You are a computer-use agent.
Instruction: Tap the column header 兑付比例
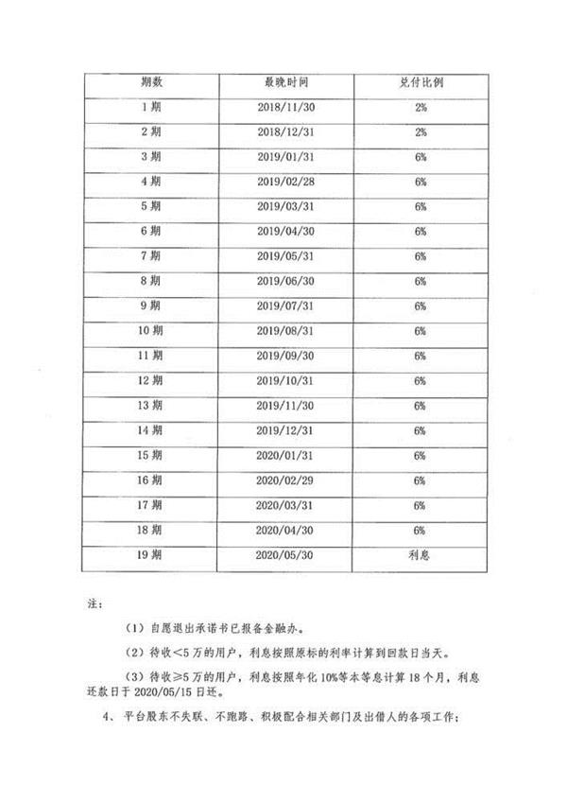click(420, 82)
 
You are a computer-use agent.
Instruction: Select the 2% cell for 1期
click(420, 107)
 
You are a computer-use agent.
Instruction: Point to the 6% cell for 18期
click(420, 530)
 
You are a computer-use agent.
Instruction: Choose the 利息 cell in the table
click(420, 555)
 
